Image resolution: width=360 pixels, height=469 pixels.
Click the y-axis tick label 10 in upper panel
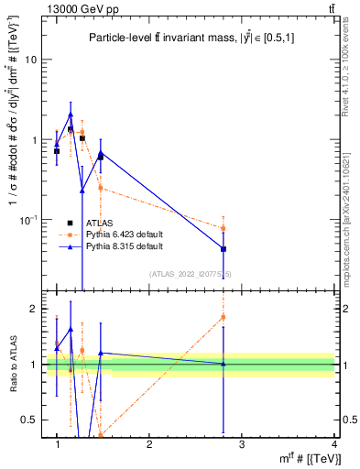[x=29, y=60]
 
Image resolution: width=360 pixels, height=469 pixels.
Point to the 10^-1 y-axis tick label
[x=27, y=220]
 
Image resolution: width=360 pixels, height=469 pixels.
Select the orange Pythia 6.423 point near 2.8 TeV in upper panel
[x=224, y=228]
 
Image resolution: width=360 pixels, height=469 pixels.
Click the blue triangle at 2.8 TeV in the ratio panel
[x=224, y=364]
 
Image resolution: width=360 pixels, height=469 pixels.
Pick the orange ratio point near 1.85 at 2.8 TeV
[x=224, y=317]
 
